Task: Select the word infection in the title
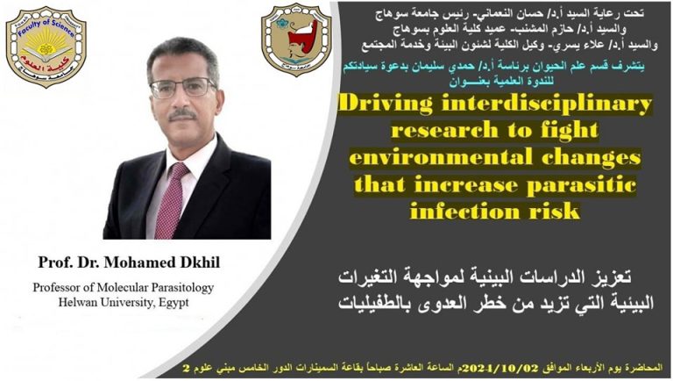(458, 212)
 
